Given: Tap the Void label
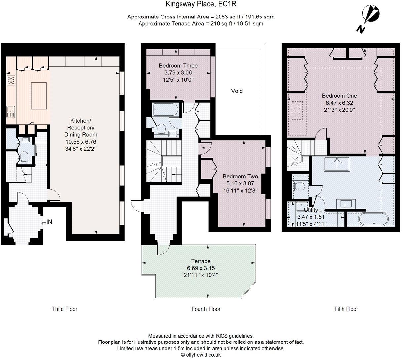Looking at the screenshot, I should (237, 91).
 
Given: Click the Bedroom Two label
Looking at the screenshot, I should (240, 176).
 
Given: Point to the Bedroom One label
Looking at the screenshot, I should (340, 96).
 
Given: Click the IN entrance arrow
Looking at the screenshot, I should (46, 222).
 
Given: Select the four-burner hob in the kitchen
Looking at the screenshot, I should (11, 80).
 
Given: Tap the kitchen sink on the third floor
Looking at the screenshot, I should (10, 112).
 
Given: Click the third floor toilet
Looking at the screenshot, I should (24, 157).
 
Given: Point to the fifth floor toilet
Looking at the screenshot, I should (299, 187).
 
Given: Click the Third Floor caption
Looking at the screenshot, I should (64, 309).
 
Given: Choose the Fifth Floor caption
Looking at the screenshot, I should (346, 309).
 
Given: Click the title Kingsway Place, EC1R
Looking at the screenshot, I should (201, 4).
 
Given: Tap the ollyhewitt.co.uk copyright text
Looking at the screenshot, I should (201, 355).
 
